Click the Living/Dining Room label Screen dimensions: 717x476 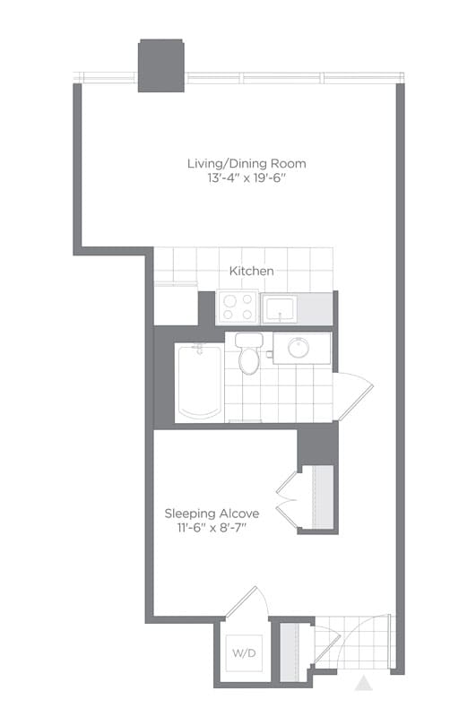coord(247,163)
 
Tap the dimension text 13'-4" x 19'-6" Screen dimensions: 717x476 coord(247,178)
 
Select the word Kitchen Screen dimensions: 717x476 coord(251,270)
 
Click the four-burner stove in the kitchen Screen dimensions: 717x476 coord(238,307)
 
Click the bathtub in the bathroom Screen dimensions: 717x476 coord(200,381)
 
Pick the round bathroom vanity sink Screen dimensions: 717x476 coord(299,347)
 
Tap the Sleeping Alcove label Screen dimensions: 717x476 coord(212,514)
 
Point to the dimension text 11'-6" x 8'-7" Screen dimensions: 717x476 coord(212,529)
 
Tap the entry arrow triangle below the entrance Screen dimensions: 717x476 coord(363,685)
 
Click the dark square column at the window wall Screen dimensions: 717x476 coord(161,65)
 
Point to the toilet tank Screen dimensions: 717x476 coord(249,341)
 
